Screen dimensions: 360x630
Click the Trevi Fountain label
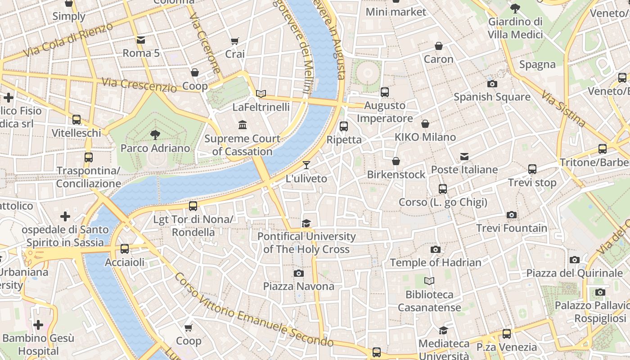pyautogui.click(x=512, y=228)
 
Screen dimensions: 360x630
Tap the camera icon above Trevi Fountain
pyautogui.click(x=511, y=215)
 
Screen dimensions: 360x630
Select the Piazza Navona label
pyautogui.click(x=298, y=286)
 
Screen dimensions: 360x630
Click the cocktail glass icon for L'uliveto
pyautogui.click(x=306, y=165)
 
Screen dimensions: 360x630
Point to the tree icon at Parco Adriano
pyautogui.click(x=155, y=135)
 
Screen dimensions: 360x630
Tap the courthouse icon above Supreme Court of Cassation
pyautogui.click(x=243, y=125)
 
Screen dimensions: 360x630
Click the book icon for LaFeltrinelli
pyautogui.click(x=261, y=94)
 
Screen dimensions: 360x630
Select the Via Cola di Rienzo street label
pyautogui.click(x=68, y=40)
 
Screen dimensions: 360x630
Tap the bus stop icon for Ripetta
pyautogui.click(x=344, y=126)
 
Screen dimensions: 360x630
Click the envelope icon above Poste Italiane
pyautogui.click(x=464, y=157)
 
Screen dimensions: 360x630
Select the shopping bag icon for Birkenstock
pyautogui.click(x=396, y=161)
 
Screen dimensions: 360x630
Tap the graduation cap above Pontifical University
pyautogui.click(x=306, y=223)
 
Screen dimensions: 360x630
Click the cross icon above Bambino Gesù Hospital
pyautogui.click(x=38, y=324)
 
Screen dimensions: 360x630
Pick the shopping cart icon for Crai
pyautogui.click(x=234, y=41)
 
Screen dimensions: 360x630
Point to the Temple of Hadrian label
pyautogui.click(x=435, y=262)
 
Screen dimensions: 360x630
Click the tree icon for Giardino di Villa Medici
pyautogui.click(x=515, y=8)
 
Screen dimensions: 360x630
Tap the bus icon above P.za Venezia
pyautogui.click(x=507, y=334)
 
